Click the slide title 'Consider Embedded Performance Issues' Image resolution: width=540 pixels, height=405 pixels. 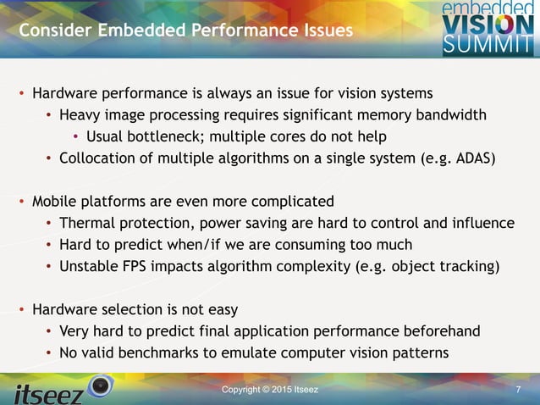[185, 31]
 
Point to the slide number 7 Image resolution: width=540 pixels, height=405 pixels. [517, 389]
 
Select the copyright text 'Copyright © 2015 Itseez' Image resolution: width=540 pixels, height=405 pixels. [270, 389]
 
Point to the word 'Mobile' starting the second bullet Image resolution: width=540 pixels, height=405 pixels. [55, 202]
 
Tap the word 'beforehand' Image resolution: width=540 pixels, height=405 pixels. [438, 331]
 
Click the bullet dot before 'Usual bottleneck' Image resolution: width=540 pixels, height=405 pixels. [75, 136]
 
